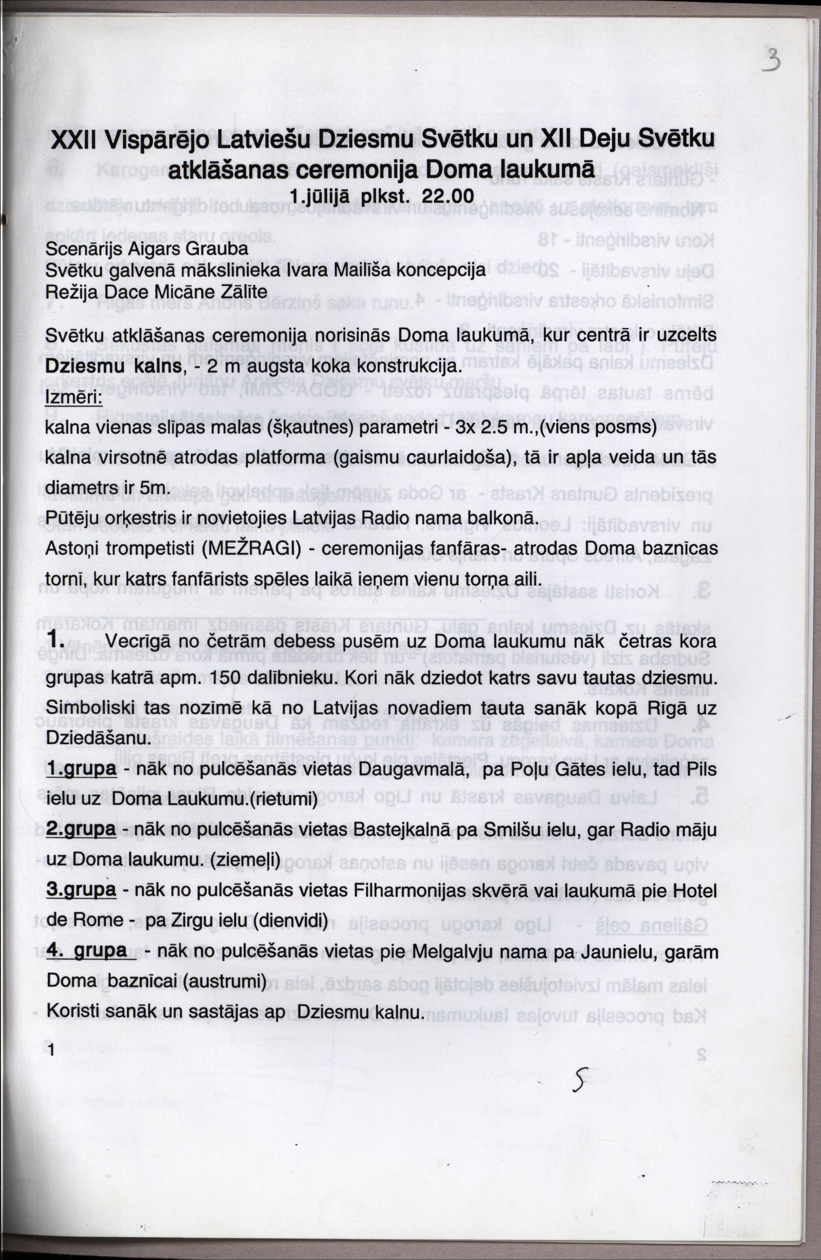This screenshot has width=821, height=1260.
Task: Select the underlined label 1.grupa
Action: click(x=82, y=768)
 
